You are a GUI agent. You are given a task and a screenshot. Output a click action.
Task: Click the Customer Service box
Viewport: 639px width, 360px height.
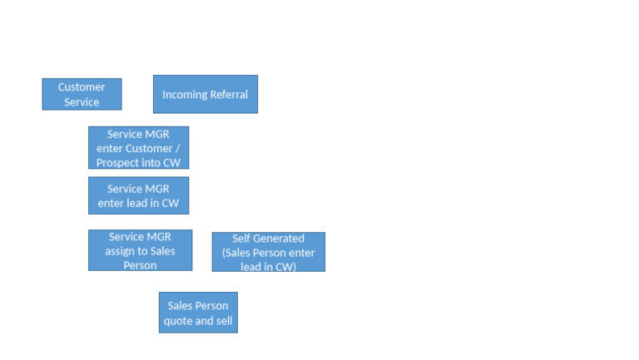click(x=82, y=94)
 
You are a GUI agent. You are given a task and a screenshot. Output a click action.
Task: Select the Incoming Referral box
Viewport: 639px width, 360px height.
click(x=205, y=94)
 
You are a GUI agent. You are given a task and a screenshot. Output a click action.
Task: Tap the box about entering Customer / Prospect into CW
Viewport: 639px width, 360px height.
click(x=138, y=148)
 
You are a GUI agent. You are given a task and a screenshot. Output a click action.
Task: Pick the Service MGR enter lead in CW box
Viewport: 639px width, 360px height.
click(x=138, y=195)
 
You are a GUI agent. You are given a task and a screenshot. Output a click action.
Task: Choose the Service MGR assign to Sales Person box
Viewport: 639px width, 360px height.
click(x=140, y=250)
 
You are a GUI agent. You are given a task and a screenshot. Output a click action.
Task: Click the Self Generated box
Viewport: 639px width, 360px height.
click(x=268, y=252)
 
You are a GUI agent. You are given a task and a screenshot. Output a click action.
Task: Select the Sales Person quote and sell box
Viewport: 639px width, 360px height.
click(x=198, y=313)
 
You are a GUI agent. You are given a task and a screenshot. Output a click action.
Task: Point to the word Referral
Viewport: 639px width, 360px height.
click(x=230, y=95)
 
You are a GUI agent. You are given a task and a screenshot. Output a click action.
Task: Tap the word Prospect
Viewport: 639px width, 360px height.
click(x=121, y=163)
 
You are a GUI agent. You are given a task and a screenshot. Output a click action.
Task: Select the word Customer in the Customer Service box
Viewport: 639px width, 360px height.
click(x=82, y=86)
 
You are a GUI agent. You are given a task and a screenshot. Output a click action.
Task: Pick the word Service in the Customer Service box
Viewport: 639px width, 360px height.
click(x=82, y=102)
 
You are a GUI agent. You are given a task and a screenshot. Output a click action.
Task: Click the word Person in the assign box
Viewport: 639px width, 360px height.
click(x=140, y=265)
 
